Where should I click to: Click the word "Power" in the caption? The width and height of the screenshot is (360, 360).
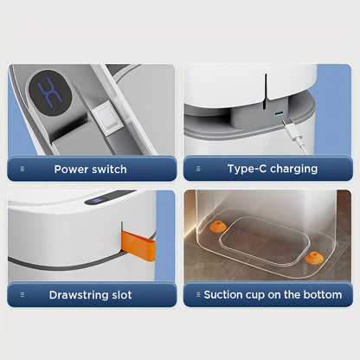pyautogui.click(x=71, y=169)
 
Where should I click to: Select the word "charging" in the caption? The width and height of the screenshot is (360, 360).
pyautogui.click(x=292, y=169)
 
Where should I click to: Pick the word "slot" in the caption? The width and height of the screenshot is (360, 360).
pyautogui.click(x=122, y=295)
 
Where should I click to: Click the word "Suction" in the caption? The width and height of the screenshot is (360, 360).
pyautogui.click(x=224, y=295)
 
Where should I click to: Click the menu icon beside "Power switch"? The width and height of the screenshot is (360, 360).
pyautogui.click(x=22, y=169)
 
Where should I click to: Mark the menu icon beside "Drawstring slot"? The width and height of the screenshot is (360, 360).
pyautogui.click(x=22, y=295)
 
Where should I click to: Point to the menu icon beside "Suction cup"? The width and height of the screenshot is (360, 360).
pyautogui.click(x=196, y=295)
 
